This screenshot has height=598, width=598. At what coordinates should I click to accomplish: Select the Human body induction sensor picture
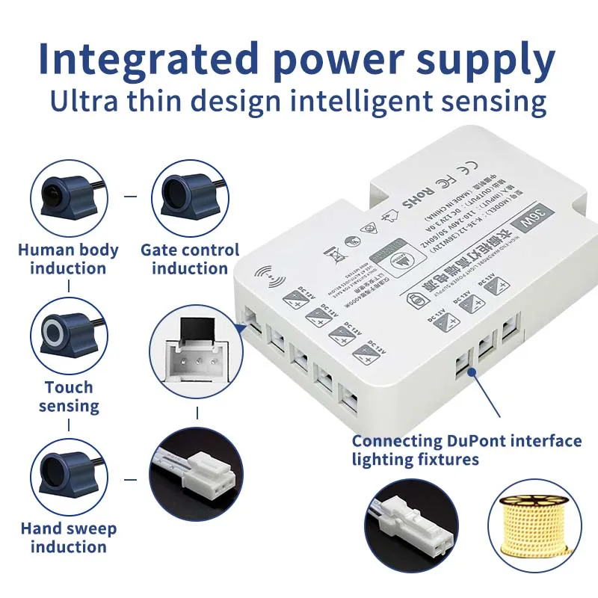68,196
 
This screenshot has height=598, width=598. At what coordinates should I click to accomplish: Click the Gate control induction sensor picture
189,196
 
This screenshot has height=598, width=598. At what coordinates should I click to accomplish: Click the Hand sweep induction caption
68,537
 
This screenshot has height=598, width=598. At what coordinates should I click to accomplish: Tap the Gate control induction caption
190,259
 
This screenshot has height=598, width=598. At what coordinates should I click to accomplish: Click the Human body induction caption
68,259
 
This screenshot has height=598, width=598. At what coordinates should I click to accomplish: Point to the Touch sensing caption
69,396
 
